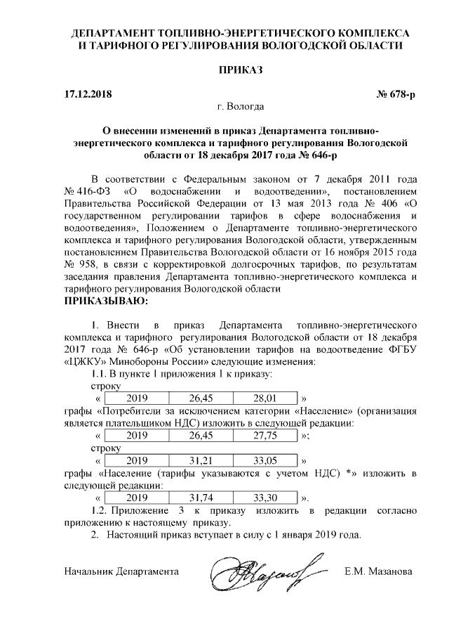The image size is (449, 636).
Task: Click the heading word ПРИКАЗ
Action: [224, 72]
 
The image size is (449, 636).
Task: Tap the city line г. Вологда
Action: [241, 107]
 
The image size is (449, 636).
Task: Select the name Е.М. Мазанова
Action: [378, 571]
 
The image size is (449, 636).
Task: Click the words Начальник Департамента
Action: [120, 571]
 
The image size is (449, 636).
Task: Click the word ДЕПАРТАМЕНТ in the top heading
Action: [114, 33]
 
